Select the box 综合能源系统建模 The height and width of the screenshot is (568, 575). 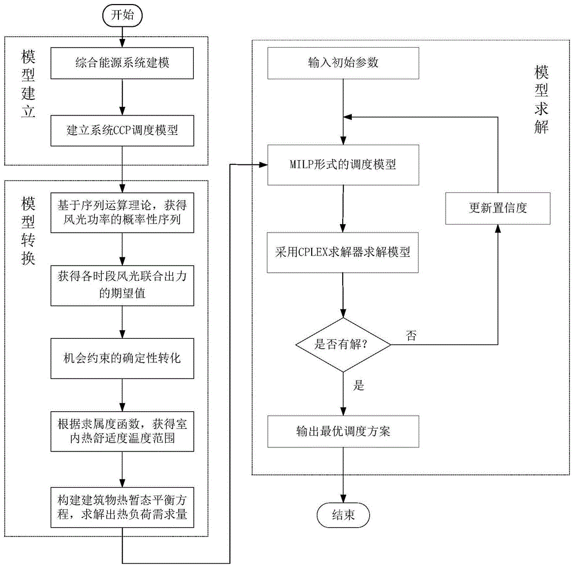click(122, 63)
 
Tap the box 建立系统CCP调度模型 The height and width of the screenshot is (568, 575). click(122, 131)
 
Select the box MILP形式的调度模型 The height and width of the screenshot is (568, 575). click(343, 165)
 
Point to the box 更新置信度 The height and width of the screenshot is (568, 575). click(497, 208)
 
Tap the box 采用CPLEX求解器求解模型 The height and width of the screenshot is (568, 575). click(343, 252)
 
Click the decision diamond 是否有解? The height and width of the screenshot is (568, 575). click(343, 345)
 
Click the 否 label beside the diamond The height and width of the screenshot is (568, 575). click(411, 335)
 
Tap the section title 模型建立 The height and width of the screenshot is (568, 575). click(28, 84)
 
